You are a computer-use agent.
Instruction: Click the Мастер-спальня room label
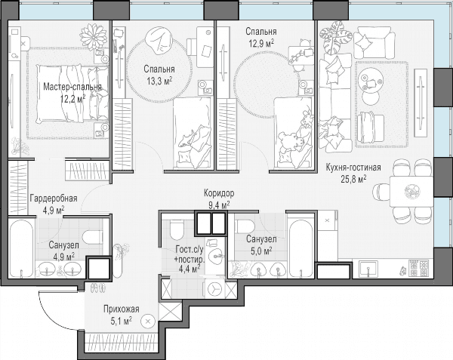point(72,87)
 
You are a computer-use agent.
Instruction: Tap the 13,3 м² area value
point(159,81)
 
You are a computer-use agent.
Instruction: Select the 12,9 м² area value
point(261,43)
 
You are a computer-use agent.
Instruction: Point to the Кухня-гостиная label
point(353,168)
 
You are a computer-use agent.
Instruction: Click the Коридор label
point(219,193)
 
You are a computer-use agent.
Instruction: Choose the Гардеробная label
point(54,198)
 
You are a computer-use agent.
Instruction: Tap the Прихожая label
point(122,309)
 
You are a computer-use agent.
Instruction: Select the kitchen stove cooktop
point(419,268)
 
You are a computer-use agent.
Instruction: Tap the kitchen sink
point(368,269)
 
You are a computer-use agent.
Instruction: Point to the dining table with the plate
point(411,192)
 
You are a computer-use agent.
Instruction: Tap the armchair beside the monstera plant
point(374,42)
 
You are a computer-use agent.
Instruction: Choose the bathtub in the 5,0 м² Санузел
point(300,248)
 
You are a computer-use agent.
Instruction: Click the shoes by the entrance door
point(97,288)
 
